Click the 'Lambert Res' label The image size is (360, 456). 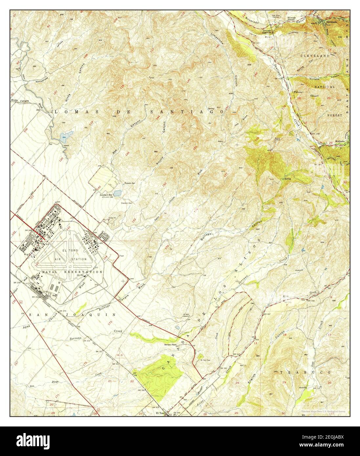106,195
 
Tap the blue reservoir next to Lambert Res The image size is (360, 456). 117,193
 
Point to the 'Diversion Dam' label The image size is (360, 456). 121,203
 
